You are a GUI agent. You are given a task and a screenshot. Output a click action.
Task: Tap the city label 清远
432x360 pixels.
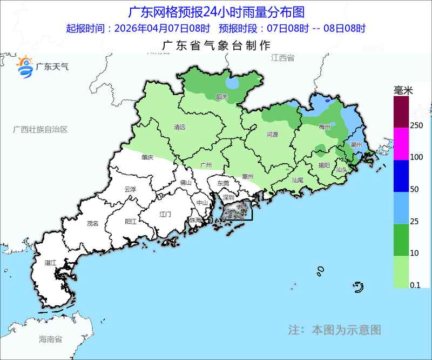click(179, 128)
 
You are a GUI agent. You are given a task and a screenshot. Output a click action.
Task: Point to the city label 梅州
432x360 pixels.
click(324, 128)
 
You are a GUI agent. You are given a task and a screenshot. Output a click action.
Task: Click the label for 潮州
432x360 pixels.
click(356, 145)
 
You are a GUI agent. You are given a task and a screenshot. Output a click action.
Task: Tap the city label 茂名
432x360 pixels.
click(93, 223)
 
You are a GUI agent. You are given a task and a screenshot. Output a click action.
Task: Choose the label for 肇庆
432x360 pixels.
click(147, 157)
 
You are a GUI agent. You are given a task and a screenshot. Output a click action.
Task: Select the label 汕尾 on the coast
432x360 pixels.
click(298, 180)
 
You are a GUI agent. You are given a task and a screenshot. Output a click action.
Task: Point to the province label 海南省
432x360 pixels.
click(51, 339)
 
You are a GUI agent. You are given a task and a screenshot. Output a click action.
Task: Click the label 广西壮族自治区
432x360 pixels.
click(40, 130)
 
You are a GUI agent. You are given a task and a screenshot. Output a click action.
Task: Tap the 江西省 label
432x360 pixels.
click(283, 58)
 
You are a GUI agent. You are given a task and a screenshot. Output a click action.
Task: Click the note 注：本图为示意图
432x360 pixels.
click(335, 329)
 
